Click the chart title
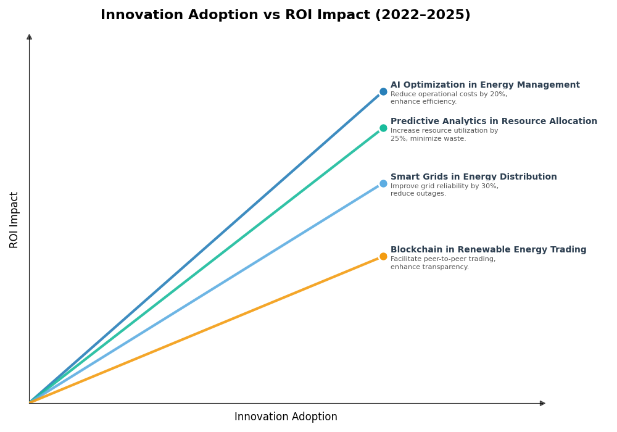point(285,15)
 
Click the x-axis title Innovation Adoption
point(286,417)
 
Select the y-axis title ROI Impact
point(14,220)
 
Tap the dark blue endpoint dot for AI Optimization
point(383,91)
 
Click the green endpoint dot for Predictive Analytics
point(383,128)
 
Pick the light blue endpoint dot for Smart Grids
point(383,183)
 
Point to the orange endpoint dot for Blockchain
point(383,257)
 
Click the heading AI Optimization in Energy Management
point(485,85)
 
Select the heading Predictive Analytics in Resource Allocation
point(494,122)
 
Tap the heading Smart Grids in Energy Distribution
point(473,177)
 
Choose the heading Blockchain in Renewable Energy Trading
point(488,250)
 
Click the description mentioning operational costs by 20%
point(449,98)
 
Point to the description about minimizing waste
point(444,135)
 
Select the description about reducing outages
point(444,190)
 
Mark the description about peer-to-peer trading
point(442,263)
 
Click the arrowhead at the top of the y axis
point(29,37)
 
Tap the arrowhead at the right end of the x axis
point(542,403)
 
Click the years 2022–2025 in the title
point(423,15)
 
